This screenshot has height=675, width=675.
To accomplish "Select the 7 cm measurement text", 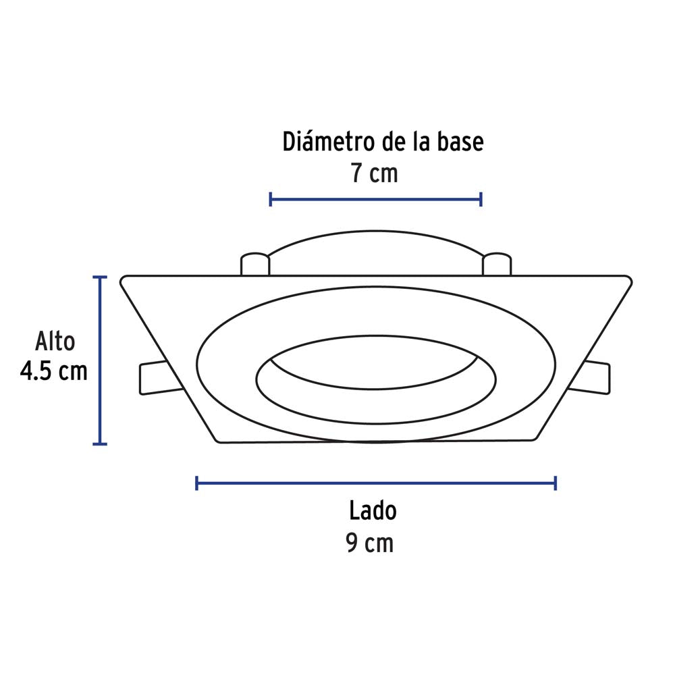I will [374, 173].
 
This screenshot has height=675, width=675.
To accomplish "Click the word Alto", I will [55, 342].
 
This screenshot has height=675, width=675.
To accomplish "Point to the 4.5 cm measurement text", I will [54, 371].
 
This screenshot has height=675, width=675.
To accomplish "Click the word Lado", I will [373, 511].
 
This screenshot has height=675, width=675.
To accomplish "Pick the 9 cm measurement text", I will [370, 543].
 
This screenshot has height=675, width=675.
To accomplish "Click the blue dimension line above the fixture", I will [375, 198].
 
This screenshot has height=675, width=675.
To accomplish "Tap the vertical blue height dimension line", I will [100, 360].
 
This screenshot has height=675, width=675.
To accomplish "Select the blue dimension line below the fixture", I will [375, 483].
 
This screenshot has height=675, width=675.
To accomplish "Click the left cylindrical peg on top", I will [255, 264].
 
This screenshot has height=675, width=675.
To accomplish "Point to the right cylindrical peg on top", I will [497, 264].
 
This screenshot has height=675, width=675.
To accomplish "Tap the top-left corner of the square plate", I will [125, 279].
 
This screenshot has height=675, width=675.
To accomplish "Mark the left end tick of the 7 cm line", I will [270, 198].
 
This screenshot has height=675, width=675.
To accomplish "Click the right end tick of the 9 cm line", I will [555, 483].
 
